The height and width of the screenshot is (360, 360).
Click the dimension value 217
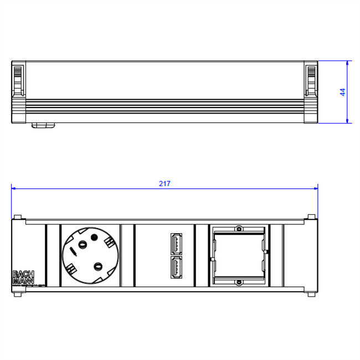click(164, 184)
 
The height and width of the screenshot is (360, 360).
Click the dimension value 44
click(342, 92)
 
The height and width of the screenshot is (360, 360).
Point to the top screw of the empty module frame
click(239, 229)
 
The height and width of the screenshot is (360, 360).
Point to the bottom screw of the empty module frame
click(239, 282)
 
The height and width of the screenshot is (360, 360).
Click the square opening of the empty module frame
click(239, 255)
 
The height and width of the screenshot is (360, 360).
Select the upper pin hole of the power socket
click(84, 244)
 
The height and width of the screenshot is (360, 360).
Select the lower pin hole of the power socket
click(97, 266)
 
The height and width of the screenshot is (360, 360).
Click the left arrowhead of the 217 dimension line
click(13, 188)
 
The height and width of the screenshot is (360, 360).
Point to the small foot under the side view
click(43, 125)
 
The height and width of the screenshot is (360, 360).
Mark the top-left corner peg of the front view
click(18, 217)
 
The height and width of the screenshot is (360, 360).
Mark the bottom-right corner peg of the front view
click(311, 294)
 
